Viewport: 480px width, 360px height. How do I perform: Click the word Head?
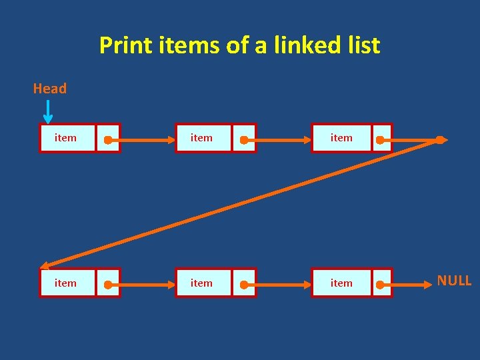(x=50, y=89)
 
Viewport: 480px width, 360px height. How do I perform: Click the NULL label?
(x=454, y=281)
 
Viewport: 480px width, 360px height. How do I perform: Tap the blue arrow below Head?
(x=49, y=111)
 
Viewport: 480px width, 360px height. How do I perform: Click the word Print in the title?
(x=125, y=45)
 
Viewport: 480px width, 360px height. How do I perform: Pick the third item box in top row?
(x=342, y=138)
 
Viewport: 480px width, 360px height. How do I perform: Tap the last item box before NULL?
(x=342, y=283)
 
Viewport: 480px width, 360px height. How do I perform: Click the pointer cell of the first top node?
(x=108, y=139)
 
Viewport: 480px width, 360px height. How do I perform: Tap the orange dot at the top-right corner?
(x=440, y=140)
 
